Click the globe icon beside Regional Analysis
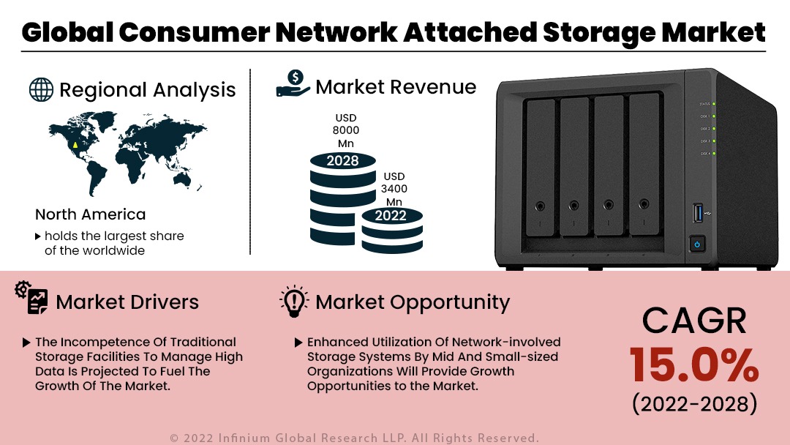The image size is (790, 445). click(41, 89)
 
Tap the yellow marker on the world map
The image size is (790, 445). click(75, 144)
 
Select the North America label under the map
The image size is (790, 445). click(90, 214)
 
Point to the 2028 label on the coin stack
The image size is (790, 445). click(342, 160)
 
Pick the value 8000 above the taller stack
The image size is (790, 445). click(346, 130)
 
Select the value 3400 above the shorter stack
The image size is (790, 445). click(394, 189)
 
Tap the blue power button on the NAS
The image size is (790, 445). click(696, 244)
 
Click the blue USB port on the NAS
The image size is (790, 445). click(696, 214)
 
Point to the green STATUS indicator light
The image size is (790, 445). click(713, 104)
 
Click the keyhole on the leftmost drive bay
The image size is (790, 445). click(540, 206)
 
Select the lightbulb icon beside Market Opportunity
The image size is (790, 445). click(294, 302)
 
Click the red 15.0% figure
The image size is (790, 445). click(694, 364)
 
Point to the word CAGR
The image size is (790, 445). click(694, 321)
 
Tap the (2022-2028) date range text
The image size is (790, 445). click(694, 403)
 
